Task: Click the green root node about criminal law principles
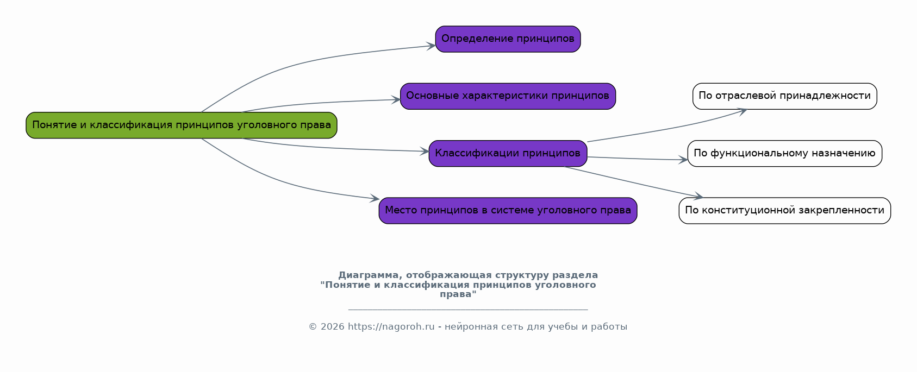[181, 125]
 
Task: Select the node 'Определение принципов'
[508, 39]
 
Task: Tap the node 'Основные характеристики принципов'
[508, 96]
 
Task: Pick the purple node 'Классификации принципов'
[508, 154]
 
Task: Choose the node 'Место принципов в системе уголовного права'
[508, 211]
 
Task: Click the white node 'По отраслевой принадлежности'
[784, 96]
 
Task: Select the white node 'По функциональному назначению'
[784, 154]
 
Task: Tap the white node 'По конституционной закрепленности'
[784, 211]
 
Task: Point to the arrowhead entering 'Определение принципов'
[431, 46]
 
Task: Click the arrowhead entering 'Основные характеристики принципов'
[396, 100]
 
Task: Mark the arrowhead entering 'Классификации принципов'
[424, 152]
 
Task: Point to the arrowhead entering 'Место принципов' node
[374, 199]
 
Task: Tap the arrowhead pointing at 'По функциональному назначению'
[683, 160]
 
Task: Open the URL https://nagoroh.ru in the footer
[391, 327]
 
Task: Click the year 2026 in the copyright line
[332, 327]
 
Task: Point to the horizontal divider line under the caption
[467, 310]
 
